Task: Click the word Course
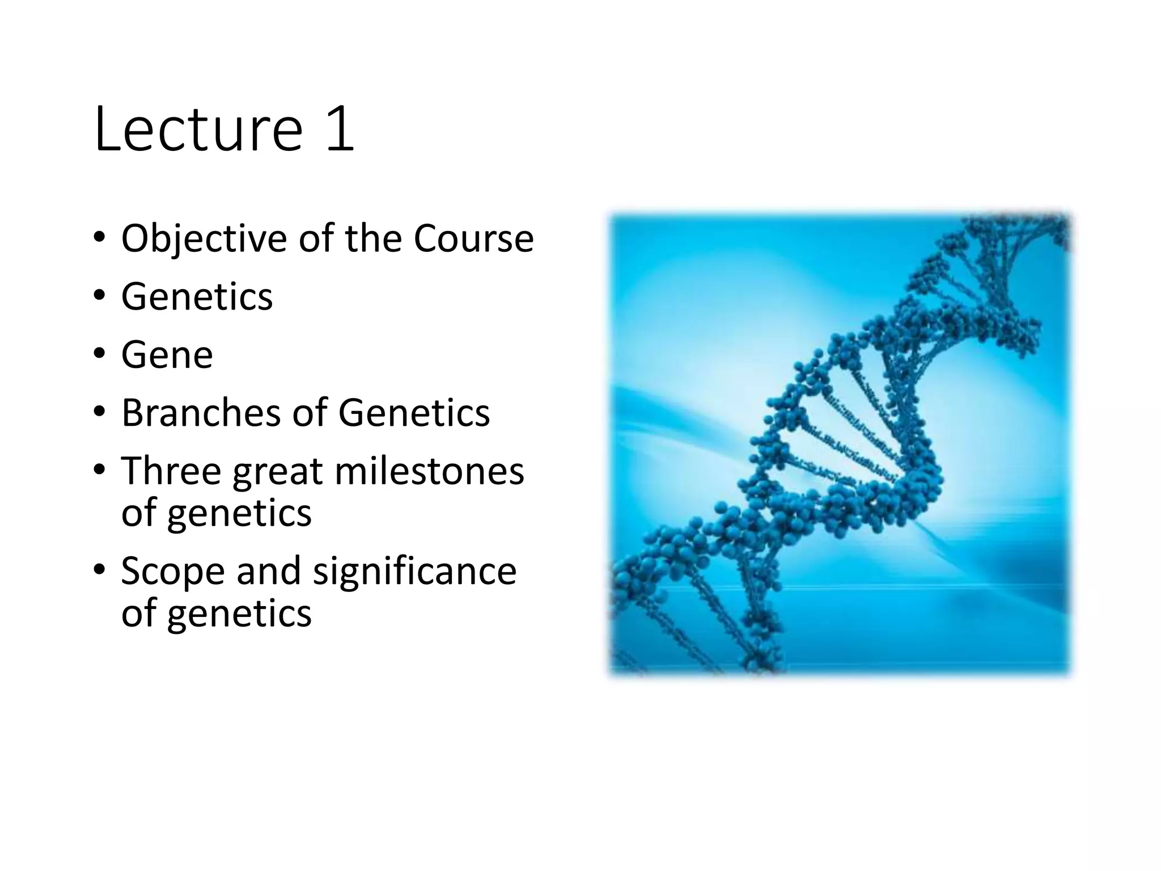click(473, 238)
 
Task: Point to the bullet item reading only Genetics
click(197, 297)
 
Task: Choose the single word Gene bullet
click(167, 355)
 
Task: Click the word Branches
click(201, 413)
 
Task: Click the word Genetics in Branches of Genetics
click(414, 413)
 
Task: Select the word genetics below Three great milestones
click(239, 514)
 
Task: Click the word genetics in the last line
click(239, 614)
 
